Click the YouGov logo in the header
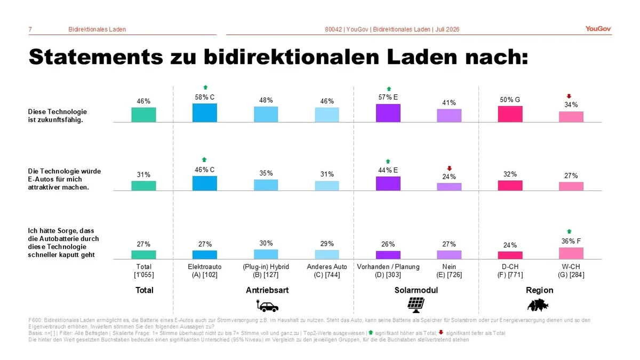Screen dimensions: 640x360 click(598, 29)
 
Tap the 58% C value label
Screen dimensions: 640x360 click(205, 98)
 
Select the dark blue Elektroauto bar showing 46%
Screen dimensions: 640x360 click(205, 183)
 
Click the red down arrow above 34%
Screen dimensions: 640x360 click(569, 97)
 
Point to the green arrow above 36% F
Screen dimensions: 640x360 click(569, 231)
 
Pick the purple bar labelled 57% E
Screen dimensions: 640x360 click(388, 113)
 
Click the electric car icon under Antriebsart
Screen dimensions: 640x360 click(267, 306)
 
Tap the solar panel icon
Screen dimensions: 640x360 click(415, 305)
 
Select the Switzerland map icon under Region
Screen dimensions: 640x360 click(538, 305)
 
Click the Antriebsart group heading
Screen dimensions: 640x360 click(267, 290)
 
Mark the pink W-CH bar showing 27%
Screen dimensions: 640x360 click(571, 186)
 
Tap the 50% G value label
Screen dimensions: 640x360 click(510, 100)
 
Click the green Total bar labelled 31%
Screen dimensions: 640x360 click(143, 186)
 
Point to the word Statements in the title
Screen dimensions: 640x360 click(96, 57)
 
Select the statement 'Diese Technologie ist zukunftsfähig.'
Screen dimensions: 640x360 click(58, 116)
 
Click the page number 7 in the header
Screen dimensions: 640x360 click(30, 29)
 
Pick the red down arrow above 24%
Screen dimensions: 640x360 click(450, 169)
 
